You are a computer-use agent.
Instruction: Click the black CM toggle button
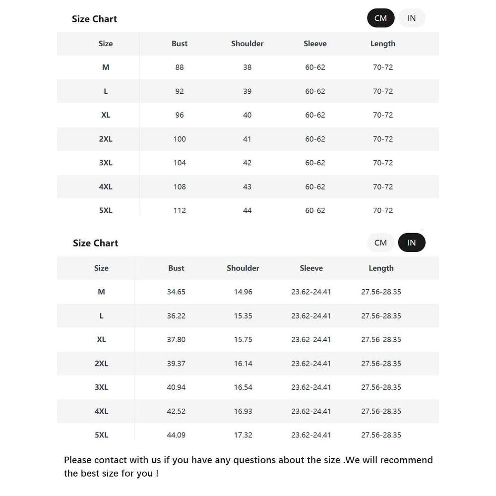(380, 18)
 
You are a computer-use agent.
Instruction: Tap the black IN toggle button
(412, 243)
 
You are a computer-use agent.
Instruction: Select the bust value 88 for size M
(180, 67)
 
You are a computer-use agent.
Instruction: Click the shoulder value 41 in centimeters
(248, 139)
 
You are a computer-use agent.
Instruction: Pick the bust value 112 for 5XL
(180, 210)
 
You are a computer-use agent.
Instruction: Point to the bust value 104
(180, 163)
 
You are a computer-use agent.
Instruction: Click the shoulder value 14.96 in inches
(243, 292)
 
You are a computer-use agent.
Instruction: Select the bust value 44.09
(176, 435)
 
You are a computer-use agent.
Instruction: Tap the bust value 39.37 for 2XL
(176, 364)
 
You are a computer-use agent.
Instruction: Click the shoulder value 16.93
(243, 411)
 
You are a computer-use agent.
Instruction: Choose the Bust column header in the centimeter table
(180, 44)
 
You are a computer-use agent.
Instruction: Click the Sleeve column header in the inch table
(311, 268)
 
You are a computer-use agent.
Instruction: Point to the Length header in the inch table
(381, 268)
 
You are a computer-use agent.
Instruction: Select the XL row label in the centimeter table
(106, 115)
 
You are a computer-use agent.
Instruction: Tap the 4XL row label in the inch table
(101, 411)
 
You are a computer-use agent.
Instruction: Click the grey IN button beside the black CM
(412, 18)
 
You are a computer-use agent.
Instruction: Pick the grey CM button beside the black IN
(380, 243)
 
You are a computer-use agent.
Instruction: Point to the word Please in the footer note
(78, 460)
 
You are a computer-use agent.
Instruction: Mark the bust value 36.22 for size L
(176, 315)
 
